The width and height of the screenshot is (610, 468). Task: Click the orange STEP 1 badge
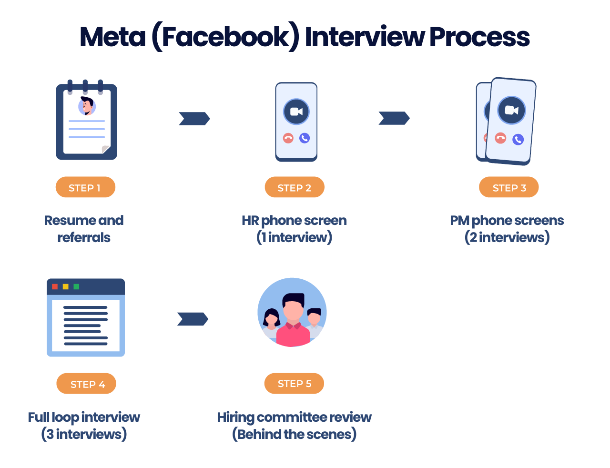(x=85, y=187)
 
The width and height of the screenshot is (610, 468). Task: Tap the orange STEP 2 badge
(x=295, y=187)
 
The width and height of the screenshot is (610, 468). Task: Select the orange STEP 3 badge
(x=508, y=187)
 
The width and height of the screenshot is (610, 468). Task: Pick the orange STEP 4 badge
(x=86, y=384)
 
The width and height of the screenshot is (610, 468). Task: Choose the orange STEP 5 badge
(x=294, y=384)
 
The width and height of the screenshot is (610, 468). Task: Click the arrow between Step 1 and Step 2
(x=194, y=119)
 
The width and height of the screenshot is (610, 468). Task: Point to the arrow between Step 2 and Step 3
(x=394, y=118)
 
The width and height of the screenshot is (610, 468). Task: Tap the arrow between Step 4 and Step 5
(x=193, y=319)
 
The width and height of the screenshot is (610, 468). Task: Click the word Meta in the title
(x=112, y=37)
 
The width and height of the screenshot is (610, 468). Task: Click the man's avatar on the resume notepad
(x=87, y=106)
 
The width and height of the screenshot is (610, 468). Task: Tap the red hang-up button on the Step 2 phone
(x=288, y=138)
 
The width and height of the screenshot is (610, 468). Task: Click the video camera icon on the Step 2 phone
(x=296, y=112)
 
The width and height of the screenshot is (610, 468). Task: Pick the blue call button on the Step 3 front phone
(x=518, y=140)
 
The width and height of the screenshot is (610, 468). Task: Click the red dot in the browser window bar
(x=55, y=286)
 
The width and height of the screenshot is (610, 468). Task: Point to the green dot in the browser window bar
(x=76, y=286)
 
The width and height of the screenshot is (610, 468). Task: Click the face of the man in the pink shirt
(x=293, y=310)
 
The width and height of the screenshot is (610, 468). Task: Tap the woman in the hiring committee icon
(x=272, y=320)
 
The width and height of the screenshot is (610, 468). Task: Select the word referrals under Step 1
(x=84, y=237)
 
